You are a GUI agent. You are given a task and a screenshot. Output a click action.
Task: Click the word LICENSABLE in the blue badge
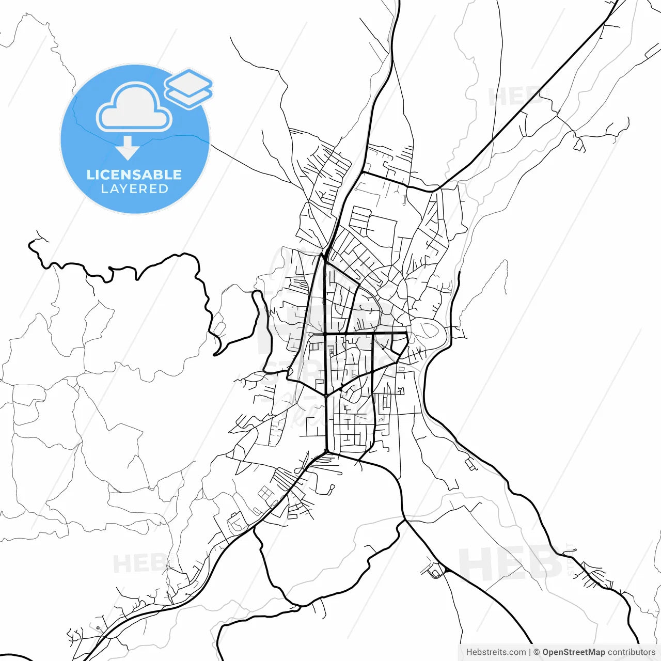coord(134,175)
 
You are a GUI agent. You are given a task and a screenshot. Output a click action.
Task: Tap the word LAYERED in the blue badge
coord(134,189)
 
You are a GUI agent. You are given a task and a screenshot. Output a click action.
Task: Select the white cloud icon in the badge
coord(134,107)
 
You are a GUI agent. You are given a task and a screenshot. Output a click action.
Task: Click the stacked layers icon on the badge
coord(189,88)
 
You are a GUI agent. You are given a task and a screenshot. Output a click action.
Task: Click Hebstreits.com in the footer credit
coord(496,652)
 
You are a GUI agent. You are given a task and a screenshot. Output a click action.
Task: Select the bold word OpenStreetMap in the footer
coord(573,652)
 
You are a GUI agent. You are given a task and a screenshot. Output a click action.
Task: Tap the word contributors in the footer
coord(632,652)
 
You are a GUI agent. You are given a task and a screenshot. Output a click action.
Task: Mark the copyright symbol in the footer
coord(537,652)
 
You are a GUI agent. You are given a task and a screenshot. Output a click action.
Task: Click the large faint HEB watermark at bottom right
coord(509,563)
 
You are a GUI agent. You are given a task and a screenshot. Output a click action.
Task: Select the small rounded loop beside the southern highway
coord(437,572)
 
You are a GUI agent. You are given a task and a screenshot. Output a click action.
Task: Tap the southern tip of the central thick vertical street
coord(326,451)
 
